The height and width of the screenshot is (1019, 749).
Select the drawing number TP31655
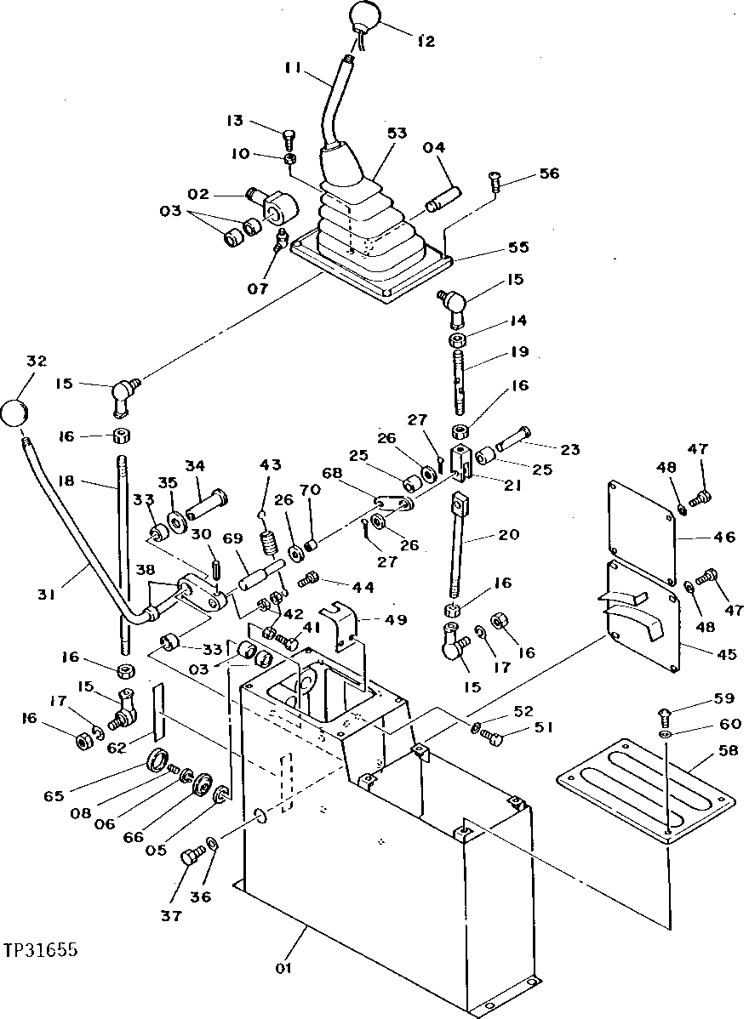point(40,949)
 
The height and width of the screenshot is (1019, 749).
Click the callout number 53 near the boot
point(397,134)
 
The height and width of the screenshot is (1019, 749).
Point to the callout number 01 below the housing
point(283,968)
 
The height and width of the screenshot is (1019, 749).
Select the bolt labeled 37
point(191,850)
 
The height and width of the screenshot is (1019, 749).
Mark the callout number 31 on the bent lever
point(46,595)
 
